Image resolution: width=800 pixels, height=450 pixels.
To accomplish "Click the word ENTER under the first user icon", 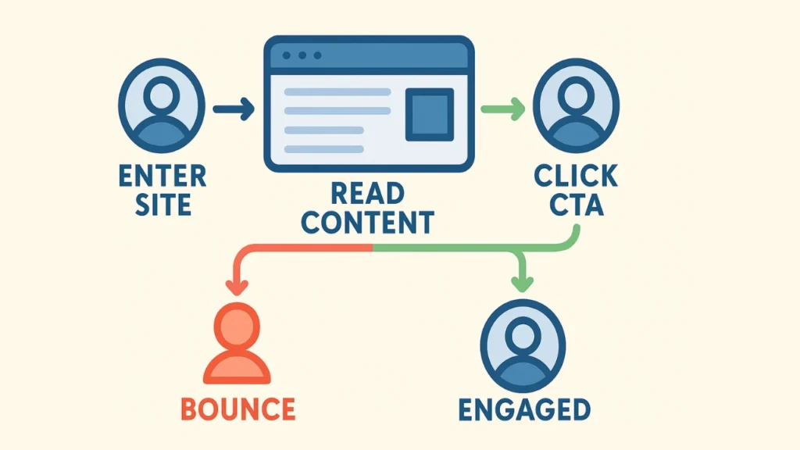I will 162,176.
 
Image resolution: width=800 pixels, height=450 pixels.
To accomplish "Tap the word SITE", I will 162,205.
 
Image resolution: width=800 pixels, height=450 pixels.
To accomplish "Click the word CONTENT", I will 368,223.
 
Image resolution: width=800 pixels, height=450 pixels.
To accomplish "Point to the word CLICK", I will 576,176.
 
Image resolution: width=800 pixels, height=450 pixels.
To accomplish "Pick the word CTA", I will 576,205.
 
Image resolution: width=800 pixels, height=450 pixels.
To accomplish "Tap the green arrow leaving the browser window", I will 502,110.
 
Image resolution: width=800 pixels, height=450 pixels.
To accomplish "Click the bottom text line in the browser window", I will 323,148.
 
